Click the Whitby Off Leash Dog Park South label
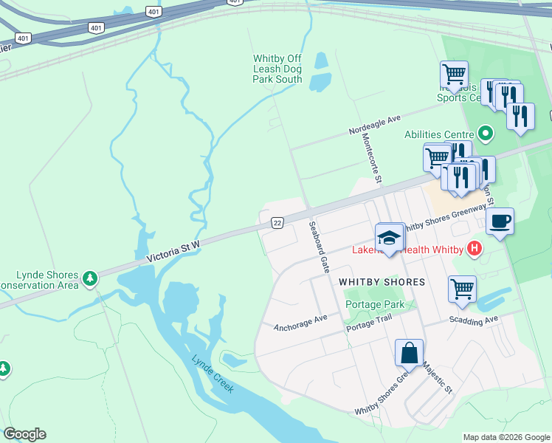(277, 69)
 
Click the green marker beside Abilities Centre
(485, 134)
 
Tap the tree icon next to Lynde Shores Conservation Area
(90, 278)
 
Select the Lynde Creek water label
(213, 374)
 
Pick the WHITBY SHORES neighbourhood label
(382, 282)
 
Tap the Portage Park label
(374, 304)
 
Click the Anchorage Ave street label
(300, 323)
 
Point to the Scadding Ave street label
(475, 321)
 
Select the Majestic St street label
(437, 377)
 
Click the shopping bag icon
(409, 354)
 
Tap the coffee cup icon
(500, 221)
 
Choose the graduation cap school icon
(389, 237)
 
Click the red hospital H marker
(474, 250)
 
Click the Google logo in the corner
(24, 434)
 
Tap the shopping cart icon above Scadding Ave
(462, 289)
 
